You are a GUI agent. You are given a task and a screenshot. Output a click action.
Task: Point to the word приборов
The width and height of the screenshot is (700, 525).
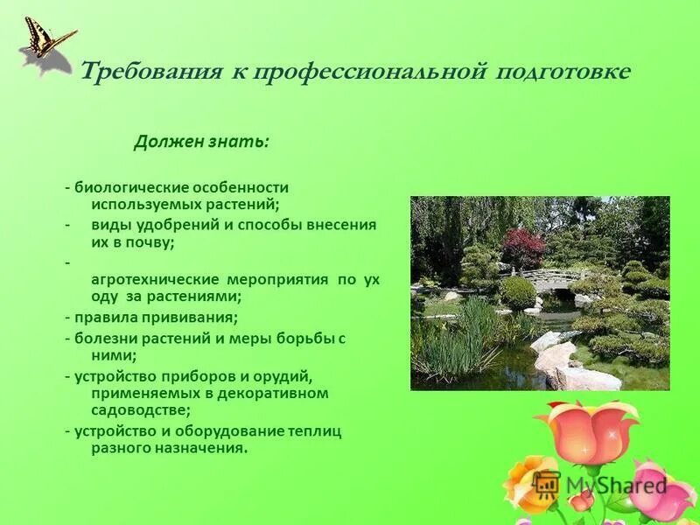pos(178,375)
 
